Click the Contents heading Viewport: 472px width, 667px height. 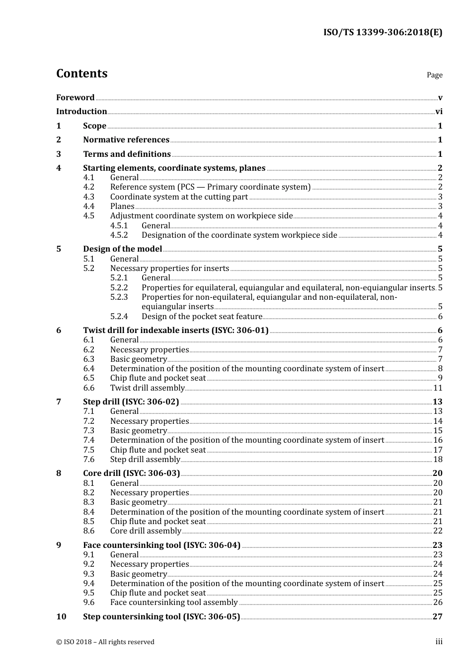coord(81,73)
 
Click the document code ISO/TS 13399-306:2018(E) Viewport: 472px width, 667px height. coord(383,33)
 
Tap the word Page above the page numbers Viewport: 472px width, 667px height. coord(434,75)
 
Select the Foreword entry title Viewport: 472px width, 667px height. coord(75,97)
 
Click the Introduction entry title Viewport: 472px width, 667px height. coord(81,111)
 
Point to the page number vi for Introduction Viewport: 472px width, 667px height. coord(439,111)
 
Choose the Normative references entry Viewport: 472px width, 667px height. coord(126,139)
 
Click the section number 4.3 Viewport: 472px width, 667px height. coord(88,197)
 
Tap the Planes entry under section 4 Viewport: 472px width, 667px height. coord(122,206)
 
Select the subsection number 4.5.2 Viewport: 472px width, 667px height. coord(119,235)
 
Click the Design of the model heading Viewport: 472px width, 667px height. coord(122,249)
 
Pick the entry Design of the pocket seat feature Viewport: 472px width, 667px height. coord(202,316)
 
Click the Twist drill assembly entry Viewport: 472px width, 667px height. coord(147,388)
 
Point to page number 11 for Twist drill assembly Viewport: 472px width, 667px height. coord(438,388)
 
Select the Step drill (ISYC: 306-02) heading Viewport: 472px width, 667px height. coord(131,401)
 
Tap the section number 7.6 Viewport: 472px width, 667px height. coord(88,459)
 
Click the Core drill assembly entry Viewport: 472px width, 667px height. coord(146,531)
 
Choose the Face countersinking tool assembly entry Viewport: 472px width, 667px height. coord(174,602)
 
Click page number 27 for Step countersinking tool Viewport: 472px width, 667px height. coord(437,616)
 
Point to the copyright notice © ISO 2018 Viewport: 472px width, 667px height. coord(105,642)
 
